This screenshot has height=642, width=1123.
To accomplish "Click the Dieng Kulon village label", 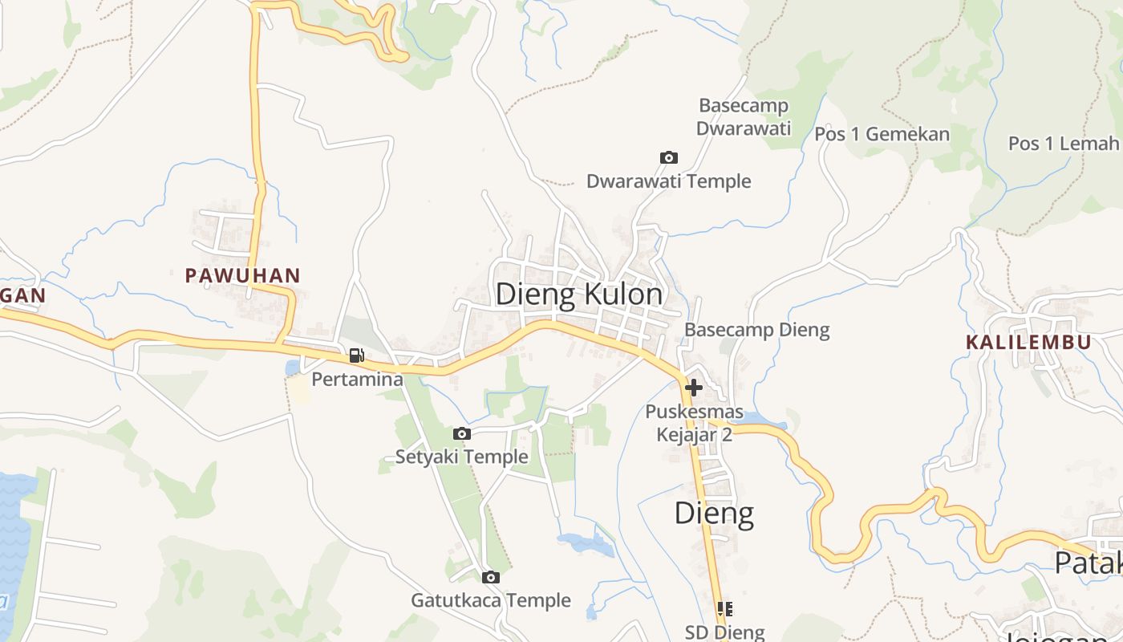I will (579, 295).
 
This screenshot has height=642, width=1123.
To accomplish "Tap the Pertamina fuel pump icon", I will (356, 356).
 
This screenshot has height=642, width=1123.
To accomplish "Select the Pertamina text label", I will (357, 379).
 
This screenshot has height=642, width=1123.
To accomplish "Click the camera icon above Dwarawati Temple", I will (668, 158).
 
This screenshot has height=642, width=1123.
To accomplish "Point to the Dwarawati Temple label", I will (668, 181).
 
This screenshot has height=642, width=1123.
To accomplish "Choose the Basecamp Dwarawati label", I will (744, 117).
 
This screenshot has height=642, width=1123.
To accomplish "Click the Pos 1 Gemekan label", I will (882, 134).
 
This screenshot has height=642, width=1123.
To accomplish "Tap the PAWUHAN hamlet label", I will (242, 276).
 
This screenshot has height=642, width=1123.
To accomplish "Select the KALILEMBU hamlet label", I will (1028, 343).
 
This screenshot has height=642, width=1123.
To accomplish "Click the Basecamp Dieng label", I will (756, 330).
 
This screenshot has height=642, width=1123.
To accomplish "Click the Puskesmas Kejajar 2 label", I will (694, 424).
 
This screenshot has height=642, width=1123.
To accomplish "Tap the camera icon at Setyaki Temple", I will (461, 434).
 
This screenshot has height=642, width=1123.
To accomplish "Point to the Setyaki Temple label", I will (461, 457).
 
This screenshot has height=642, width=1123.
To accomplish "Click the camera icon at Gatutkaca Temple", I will (491, 577).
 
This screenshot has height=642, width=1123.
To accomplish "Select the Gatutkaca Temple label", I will (491, 600).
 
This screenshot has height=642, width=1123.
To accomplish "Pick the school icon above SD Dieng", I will (725, 609).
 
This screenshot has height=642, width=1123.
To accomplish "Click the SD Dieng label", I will (725, 632).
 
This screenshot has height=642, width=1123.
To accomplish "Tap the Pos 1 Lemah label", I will (1063, 144).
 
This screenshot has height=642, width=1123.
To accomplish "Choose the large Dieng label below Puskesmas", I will (714, 513).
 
